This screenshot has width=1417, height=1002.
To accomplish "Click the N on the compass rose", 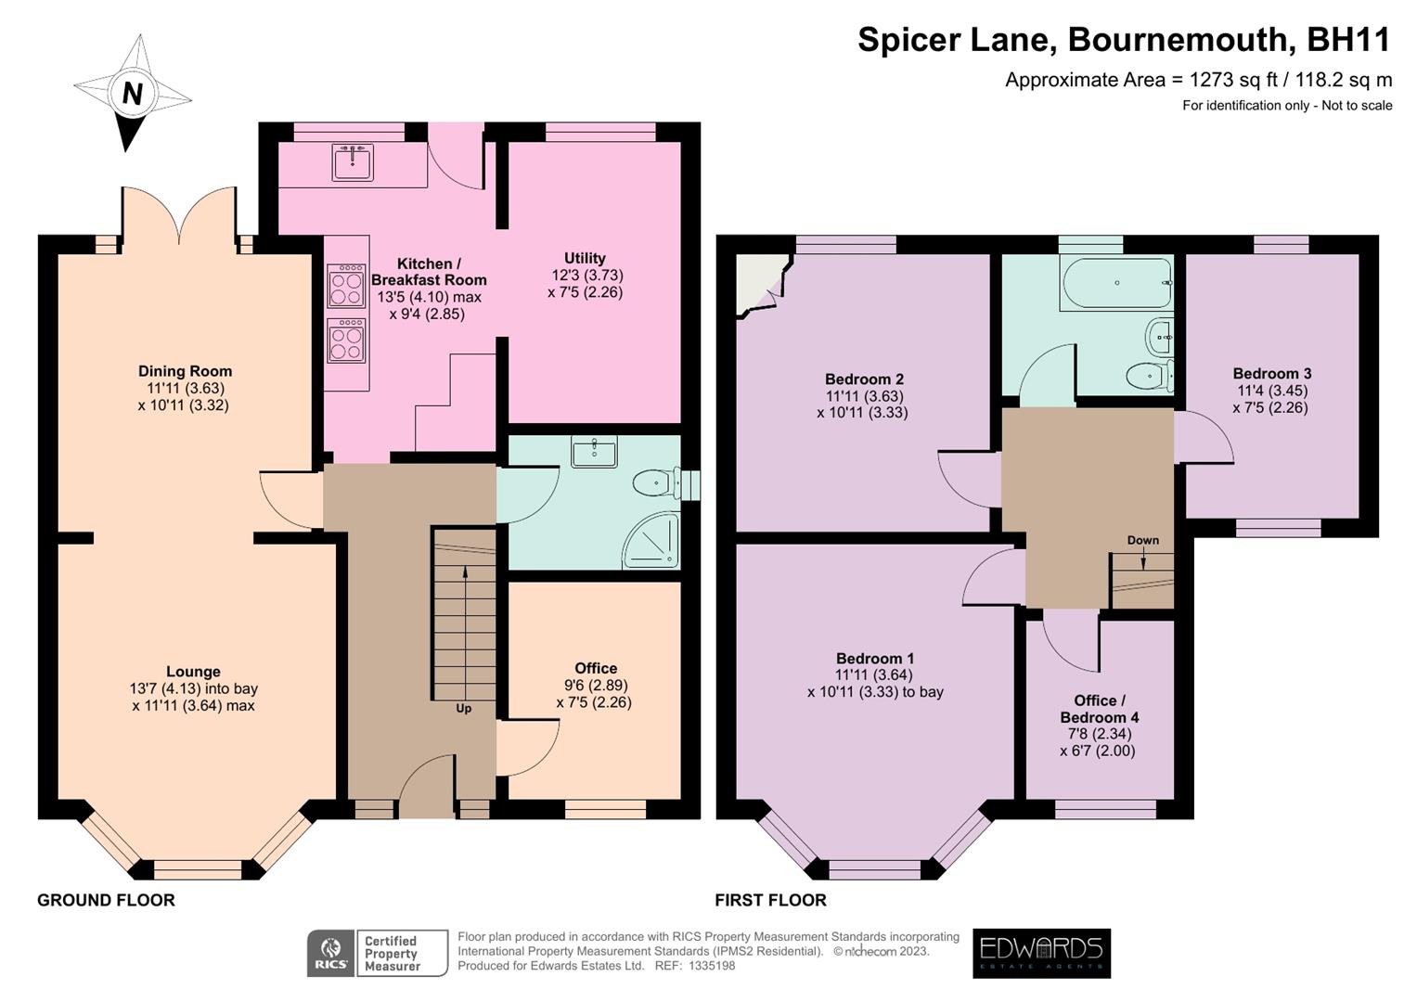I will pos(133,93).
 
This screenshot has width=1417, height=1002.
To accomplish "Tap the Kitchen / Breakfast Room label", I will pos(428,272).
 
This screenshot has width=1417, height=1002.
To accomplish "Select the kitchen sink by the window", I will pos(353,162).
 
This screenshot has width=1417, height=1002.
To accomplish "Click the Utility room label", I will pos(585,258).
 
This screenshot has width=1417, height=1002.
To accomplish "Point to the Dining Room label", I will pos(185,371).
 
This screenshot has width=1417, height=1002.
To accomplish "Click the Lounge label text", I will pos(193,672).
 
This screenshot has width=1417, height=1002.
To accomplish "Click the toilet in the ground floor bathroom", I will pos(656,483).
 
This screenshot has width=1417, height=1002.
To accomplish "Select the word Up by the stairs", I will pos(463,709).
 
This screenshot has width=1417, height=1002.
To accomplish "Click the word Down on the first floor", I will pos(1142,540).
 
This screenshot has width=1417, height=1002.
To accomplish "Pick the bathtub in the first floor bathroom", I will pos(1116,282).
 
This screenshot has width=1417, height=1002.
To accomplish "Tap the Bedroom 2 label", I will pos(864,379).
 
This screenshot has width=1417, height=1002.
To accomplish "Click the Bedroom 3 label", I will pos(1271,373).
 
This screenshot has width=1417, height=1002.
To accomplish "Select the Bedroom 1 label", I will pos(874,658).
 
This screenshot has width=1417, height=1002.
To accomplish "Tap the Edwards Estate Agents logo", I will pos(1041,953).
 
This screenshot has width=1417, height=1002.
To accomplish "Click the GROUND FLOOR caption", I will pos(106,900).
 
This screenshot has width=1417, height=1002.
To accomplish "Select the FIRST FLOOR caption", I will pos(770,900).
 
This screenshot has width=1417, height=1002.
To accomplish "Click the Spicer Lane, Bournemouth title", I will pos(1124,40).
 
